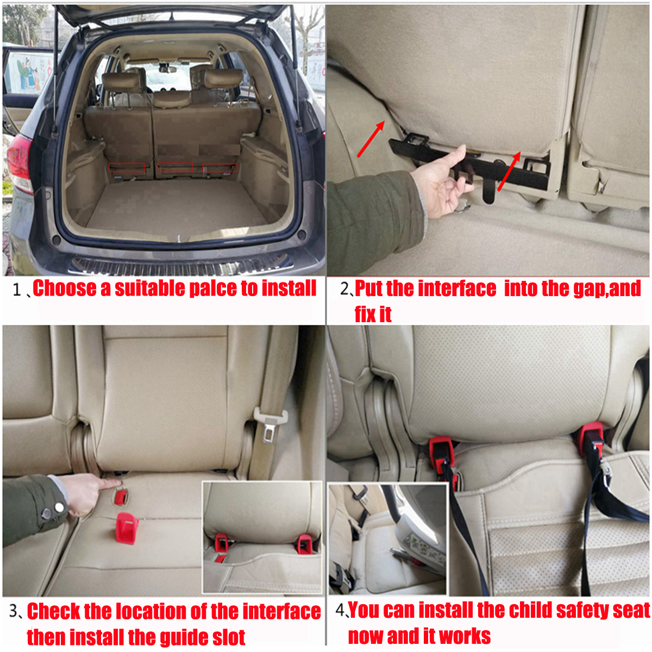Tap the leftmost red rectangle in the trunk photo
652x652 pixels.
[127, 168]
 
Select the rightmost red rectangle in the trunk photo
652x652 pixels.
[220, 168]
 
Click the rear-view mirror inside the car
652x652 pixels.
[167, 69]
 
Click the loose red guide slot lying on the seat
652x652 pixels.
[127, 527]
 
